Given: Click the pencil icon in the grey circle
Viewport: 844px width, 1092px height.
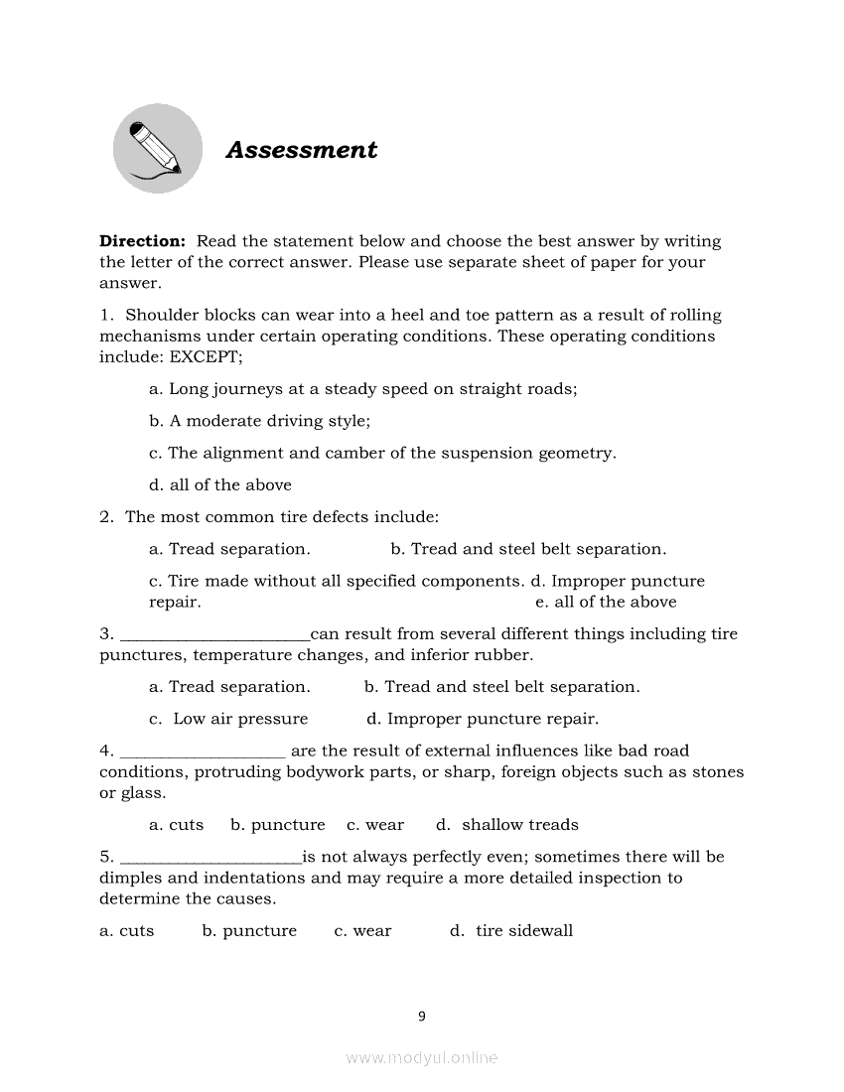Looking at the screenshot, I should point(157,149).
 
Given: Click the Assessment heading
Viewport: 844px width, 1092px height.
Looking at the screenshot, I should point(302,150).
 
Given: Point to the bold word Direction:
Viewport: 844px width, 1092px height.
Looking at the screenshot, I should point(142,241).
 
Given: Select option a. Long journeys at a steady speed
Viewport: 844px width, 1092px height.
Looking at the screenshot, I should point(362,389).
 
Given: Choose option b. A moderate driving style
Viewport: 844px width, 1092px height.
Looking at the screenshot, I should point(259,421).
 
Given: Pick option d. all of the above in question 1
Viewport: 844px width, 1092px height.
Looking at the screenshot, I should point(220,485).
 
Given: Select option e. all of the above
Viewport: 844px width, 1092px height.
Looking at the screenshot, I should point(606,603).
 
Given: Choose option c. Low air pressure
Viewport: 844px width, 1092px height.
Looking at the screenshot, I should point(228,719).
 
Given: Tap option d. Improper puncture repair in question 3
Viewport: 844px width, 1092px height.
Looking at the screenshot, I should point(483,719).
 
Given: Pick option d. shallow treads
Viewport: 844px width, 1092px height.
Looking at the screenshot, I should point(506,825).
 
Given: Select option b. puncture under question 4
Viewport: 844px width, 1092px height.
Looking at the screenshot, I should point(277,825).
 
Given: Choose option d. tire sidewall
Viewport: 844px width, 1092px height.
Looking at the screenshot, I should point(511,931).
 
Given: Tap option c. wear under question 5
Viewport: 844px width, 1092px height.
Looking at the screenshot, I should point(362,931).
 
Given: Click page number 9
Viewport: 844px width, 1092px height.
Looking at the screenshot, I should point(422,1016).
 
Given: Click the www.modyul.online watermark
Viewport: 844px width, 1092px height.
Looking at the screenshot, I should point(422,1058).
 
